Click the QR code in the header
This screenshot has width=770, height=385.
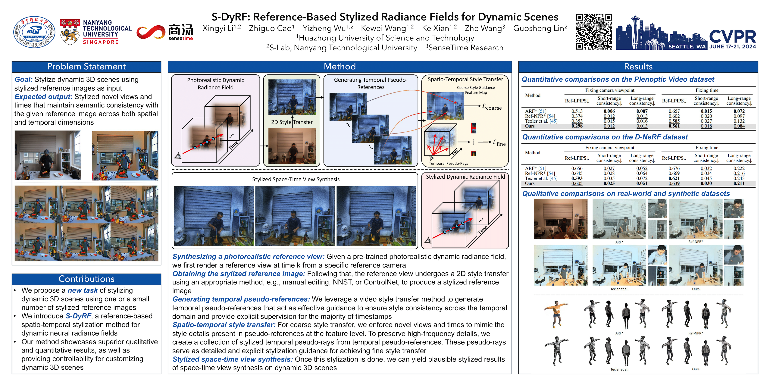(594, 32)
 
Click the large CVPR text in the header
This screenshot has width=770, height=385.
(732, 36)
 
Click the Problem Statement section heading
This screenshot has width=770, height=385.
(86, 66)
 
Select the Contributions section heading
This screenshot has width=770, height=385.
(86, 279)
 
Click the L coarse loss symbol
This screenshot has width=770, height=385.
(492, 107)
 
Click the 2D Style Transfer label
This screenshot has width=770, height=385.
(292, 122)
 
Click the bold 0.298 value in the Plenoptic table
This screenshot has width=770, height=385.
(577, 126)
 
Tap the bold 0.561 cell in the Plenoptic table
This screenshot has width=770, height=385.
(674, 126)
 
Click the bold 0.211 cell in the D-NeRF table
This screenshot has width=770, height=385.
(739, 183)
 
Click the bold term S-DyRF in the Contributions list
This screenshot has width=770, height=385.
(78, 316)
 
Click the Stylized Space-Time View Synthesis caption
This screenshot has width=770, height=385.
(296, 179)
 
